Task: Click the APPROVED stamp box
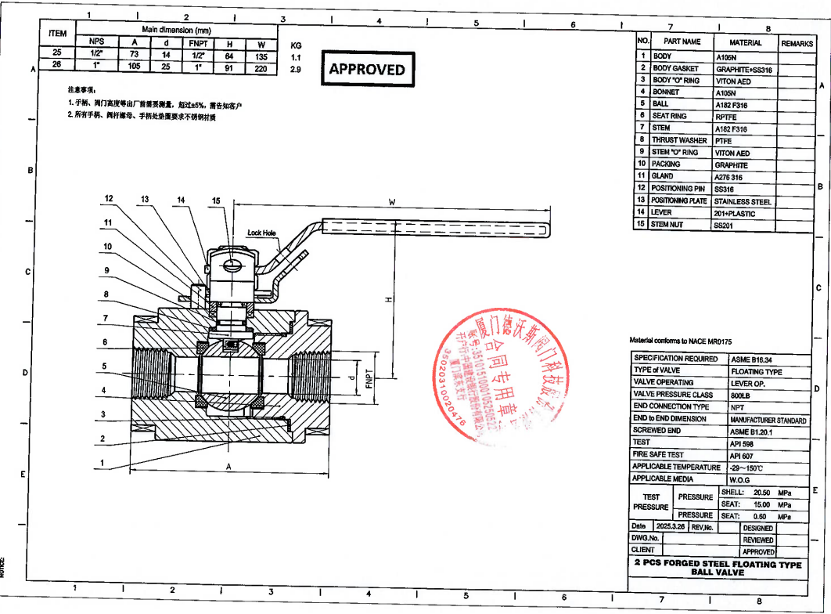coord(367,69)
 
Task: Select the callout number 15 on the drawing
coord(215,201)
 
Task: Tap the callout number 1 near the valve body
coord(102,464)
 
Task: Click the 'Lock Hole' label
coord(261,233)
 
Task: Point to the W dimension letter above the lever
coord(391,202)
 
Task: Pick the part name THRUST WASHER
coord(679,140)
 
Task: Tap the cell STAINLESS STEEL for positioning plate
coord(742,201)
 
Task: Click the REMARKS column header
coord(797,43)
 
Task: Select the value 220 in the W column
coord(261,69)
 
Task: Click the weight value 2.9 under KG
coord(296,70)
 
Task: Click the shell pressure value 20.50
coord(761,493)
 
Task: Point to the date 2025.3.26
coord(669,528)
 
